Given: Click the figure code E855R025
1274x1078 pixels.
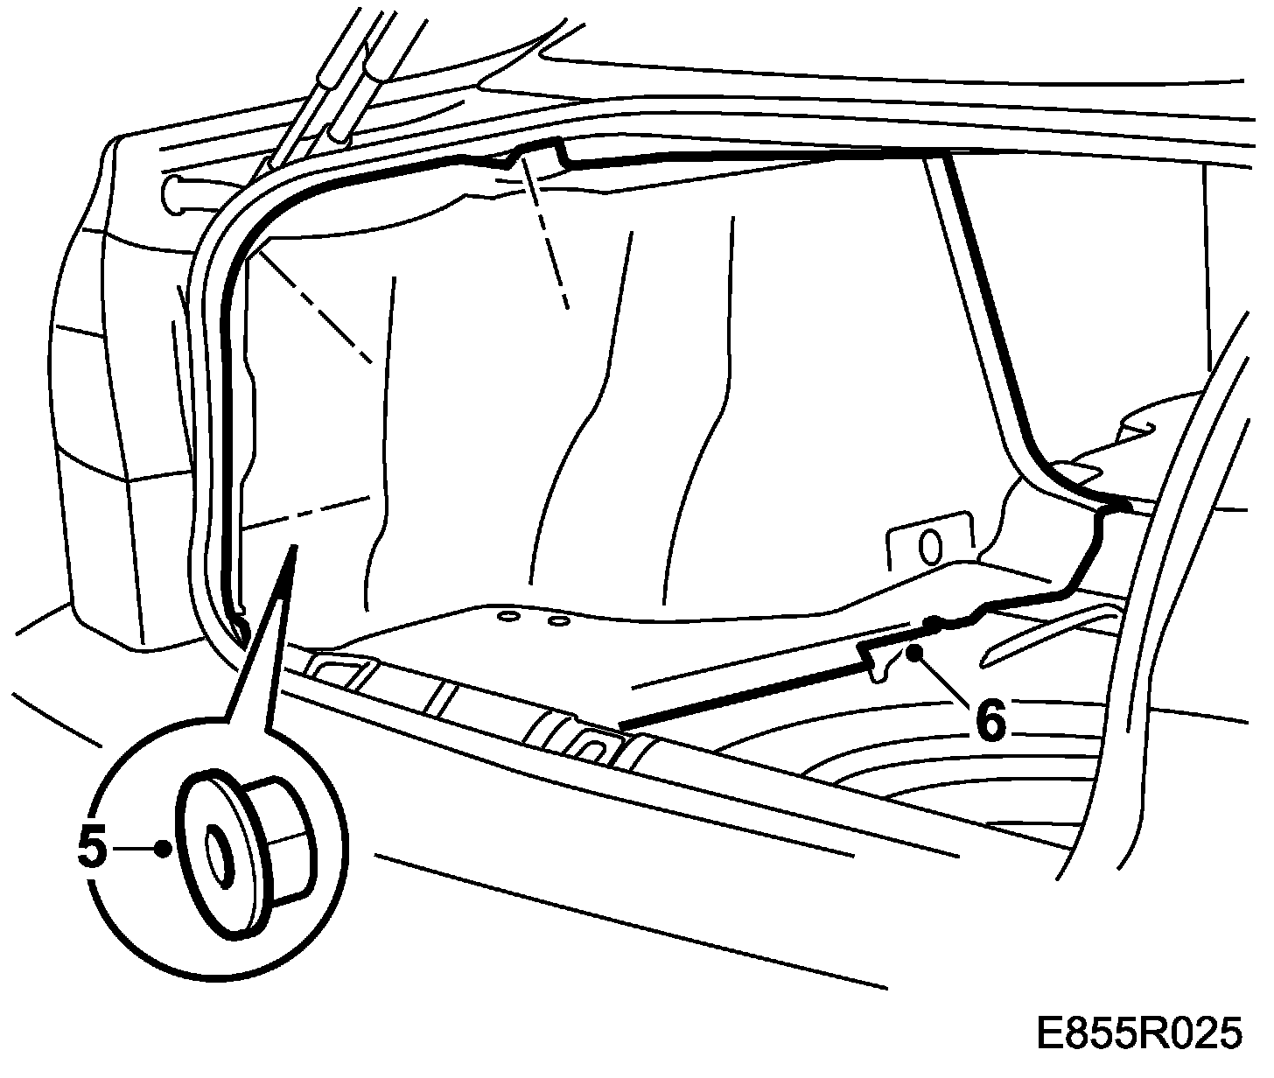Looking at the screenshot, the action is pyautogui.click(x=1137, y=1033).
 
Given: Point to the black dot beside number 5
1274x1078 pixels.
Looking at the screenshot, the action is pyautogui.click(x=161, y=847).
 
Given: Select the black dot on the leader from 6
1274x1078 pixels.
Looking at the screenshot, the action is pyautogui.click(x=914, y=652).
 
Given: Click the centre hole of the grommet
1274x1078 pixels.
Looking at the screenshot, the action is pyautogui.click(x=214, y=848).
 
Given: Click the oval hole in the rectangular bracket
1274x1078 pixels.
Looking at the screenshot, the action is pyautogui.click(x=931, y=546).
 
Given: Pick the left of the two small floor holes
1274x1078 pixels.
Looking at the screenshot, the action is pyautogui.click(x=505, y=617).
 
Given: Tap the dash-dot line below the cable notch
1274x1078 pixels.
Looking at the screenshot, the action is pyautogui.click(x=547, y=245).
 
